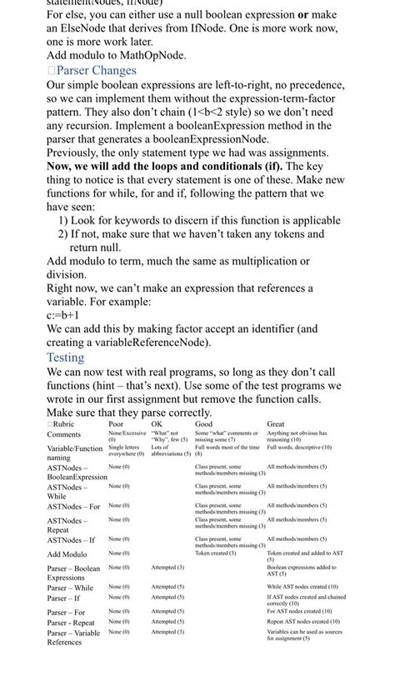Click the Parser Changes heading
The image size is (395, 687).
pos(96,71)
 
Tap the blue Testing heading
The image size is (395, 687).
pos(65,358)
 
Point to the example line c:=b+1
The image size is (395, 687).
pos(62,316)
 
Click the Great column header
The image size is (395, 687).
pos(275,424)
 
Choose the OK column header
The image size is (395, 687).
pos(157,424)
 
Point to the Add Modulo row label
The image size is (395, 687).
pos(67,554)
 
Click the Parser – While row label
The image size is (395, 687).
pos(70,588)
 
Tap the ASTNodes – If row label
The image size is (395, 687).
pos(71,540)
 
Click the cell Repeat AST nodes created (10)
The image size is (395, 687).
pos(302,622)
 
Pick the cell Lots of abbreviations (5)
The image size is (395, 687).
pos(171,451)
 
